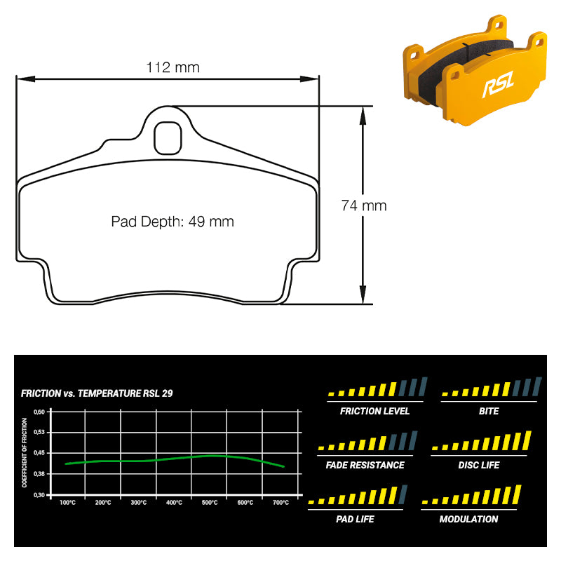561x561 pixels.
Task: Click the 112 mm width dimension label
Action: click(173, 67)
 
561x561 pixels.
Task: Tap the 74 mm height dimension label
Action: click(364, 205)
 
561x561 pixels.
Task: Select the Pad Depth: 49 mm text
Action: click(173, 222)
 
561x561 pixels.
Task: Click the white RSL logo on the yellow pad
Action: click(498, 83)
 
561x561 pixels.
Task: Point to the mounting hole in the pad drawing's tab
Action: click(168, 138)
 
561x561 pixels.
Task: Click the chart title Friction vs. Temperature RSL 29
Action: click(97, 393)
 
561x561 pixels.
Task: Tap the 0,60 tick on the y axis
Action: click(39, 412)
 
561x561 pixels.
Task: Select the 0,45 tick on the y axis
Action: click(39, 453)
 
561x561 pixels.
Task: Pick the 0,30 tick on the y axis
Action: click(39, 495)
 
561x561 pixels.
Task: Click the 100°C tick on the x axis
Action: click(67, 503)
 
